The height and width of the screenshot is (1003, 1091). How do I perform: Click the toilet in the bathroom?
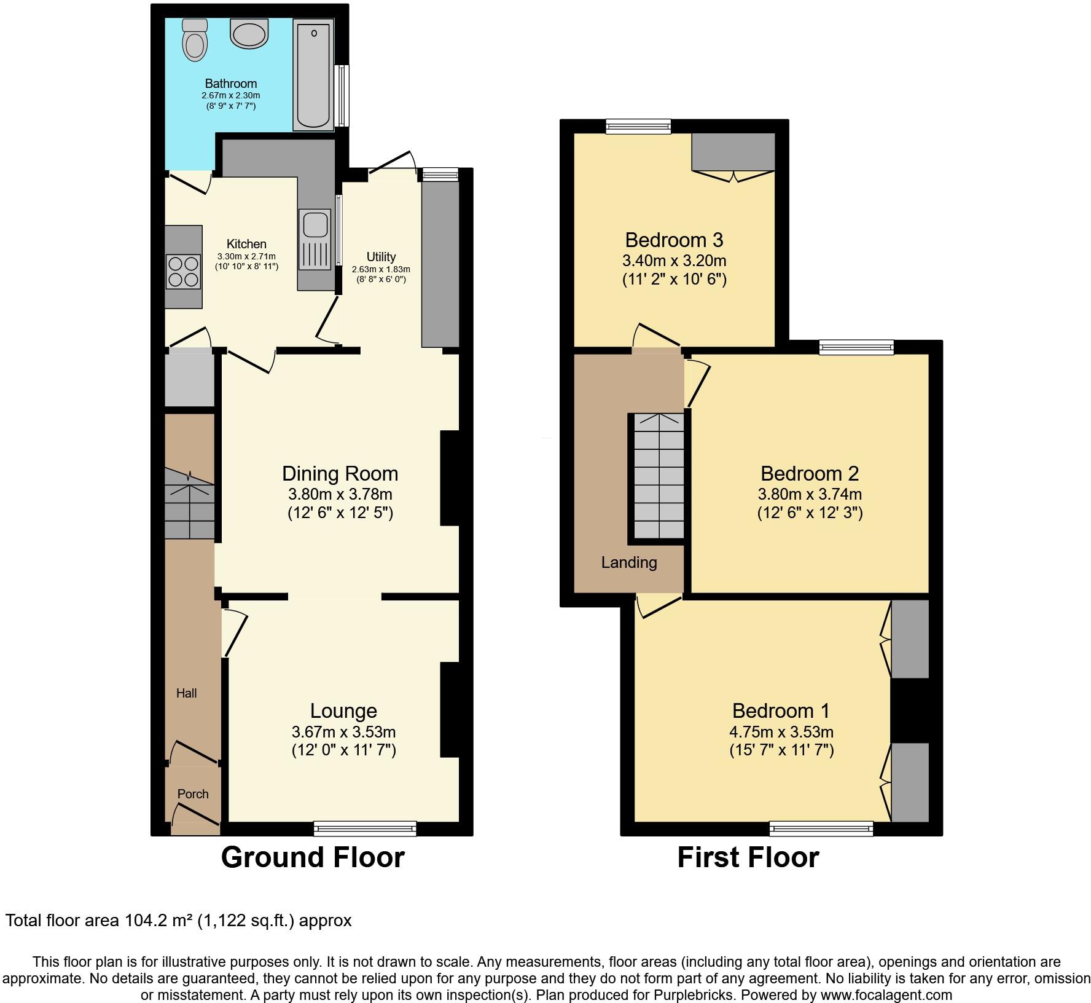195,41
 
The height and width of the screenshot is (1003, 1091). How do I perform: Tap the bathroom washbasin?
249,33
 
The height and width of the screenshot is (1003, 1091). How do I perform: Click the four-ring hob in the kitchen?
183,271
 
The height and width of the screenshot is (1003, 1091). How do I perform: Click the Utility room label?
381,257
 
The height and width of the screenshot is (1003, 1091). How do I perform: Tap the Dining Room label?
340,474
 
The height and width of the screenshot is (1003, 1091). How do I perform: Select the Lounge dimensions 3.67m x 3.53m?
343,732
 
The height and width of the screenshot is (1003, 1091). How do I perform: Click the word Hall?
187,693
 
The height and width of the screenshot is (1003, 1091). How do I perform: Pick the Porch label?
193,794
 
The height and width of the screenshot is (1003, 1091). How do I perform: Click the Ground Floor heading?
313,857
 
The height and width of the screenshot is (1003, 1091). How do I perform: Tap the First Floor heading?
748,857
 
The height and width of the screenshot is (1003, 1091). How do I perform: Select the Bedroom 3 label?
674,240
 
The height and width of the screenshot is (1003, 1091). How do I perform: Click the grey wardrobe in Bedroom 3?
733,151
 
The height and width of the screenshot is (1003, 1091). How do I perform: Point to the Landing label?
629,562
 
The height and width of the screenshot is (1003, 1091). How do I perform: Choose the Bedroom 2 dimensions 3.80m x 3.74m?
810,494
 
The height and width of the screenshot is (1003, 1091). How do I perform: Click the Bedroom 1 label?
781,711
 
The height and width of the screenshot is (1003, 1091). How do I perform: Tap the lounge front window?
365,828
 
